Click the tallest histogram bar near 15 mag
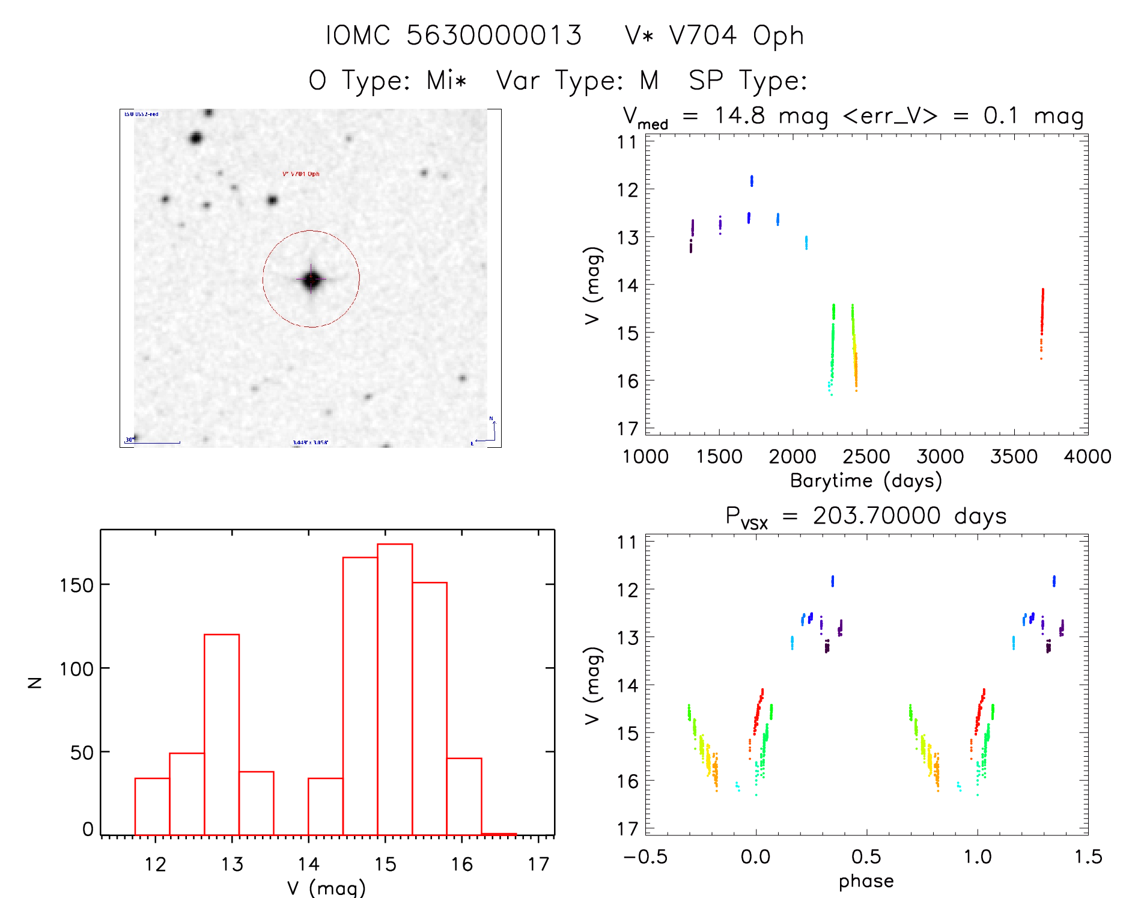click(395, 689)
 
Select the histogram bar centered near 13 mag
click(222, 734)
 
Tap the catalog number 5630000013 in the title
click(494, 35)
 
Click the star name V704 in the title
click(702, 35)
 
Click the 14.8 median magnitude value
click(739, 115)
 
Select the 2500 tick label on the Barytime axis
click(866, 457)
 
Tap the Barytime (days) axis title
click(866, 481)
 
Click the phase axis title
click(866, 881)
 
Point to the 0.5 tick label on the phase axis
click(866, 857)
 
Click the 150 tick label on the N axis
click(76, 585)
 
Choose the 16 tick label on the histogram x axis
click(461, 864)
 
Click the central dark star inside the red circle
click(311, 279)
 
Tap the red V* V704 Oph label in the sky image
click(301, 174)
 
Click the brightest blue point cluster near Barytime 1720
click(752, 181)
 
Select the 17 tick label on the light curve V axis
click(627, 429)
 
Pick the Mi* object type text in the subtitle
click(446, 80)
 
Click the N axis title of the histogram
click(35, 682)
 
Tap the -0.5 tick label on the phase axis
click(645, 857)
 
